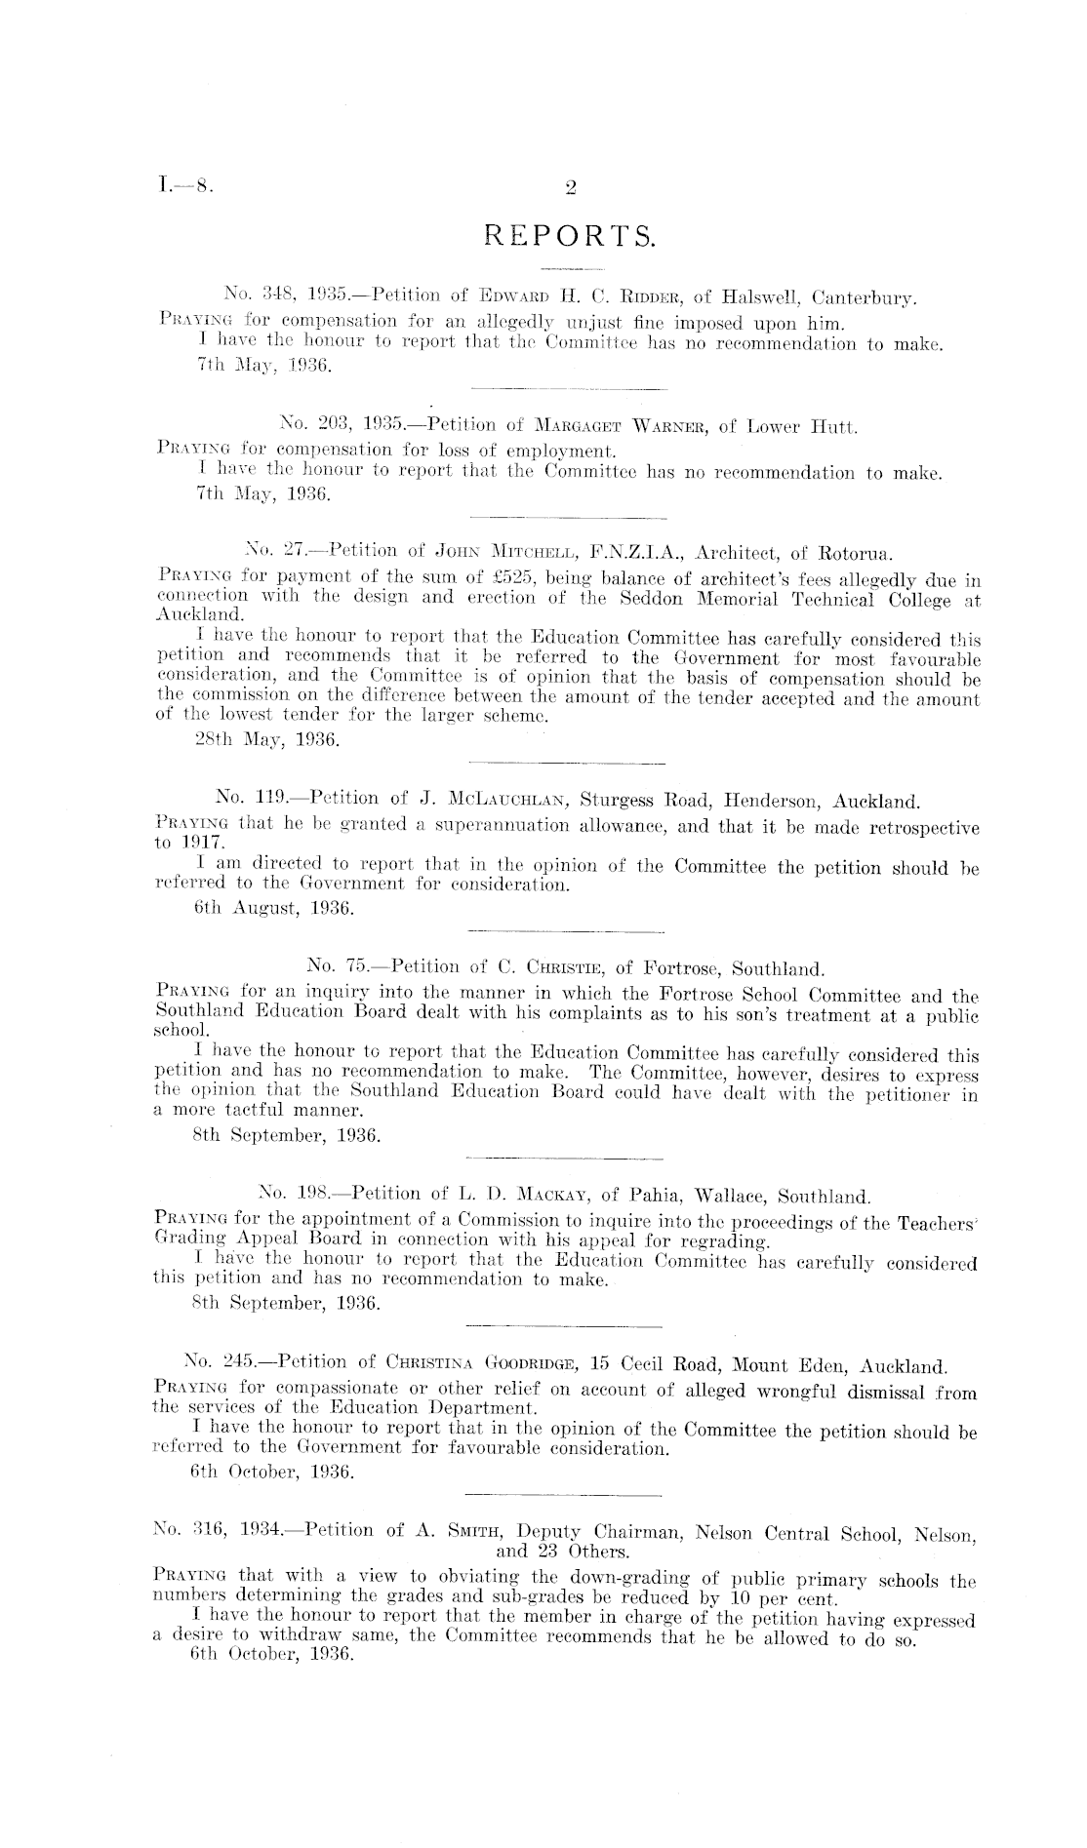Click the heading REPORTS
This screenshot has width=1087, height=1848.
pyautogui.click(x=571, y=236)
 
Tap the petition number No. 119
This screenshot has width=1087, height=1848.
pyautogui.click(x=245, y=803)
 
